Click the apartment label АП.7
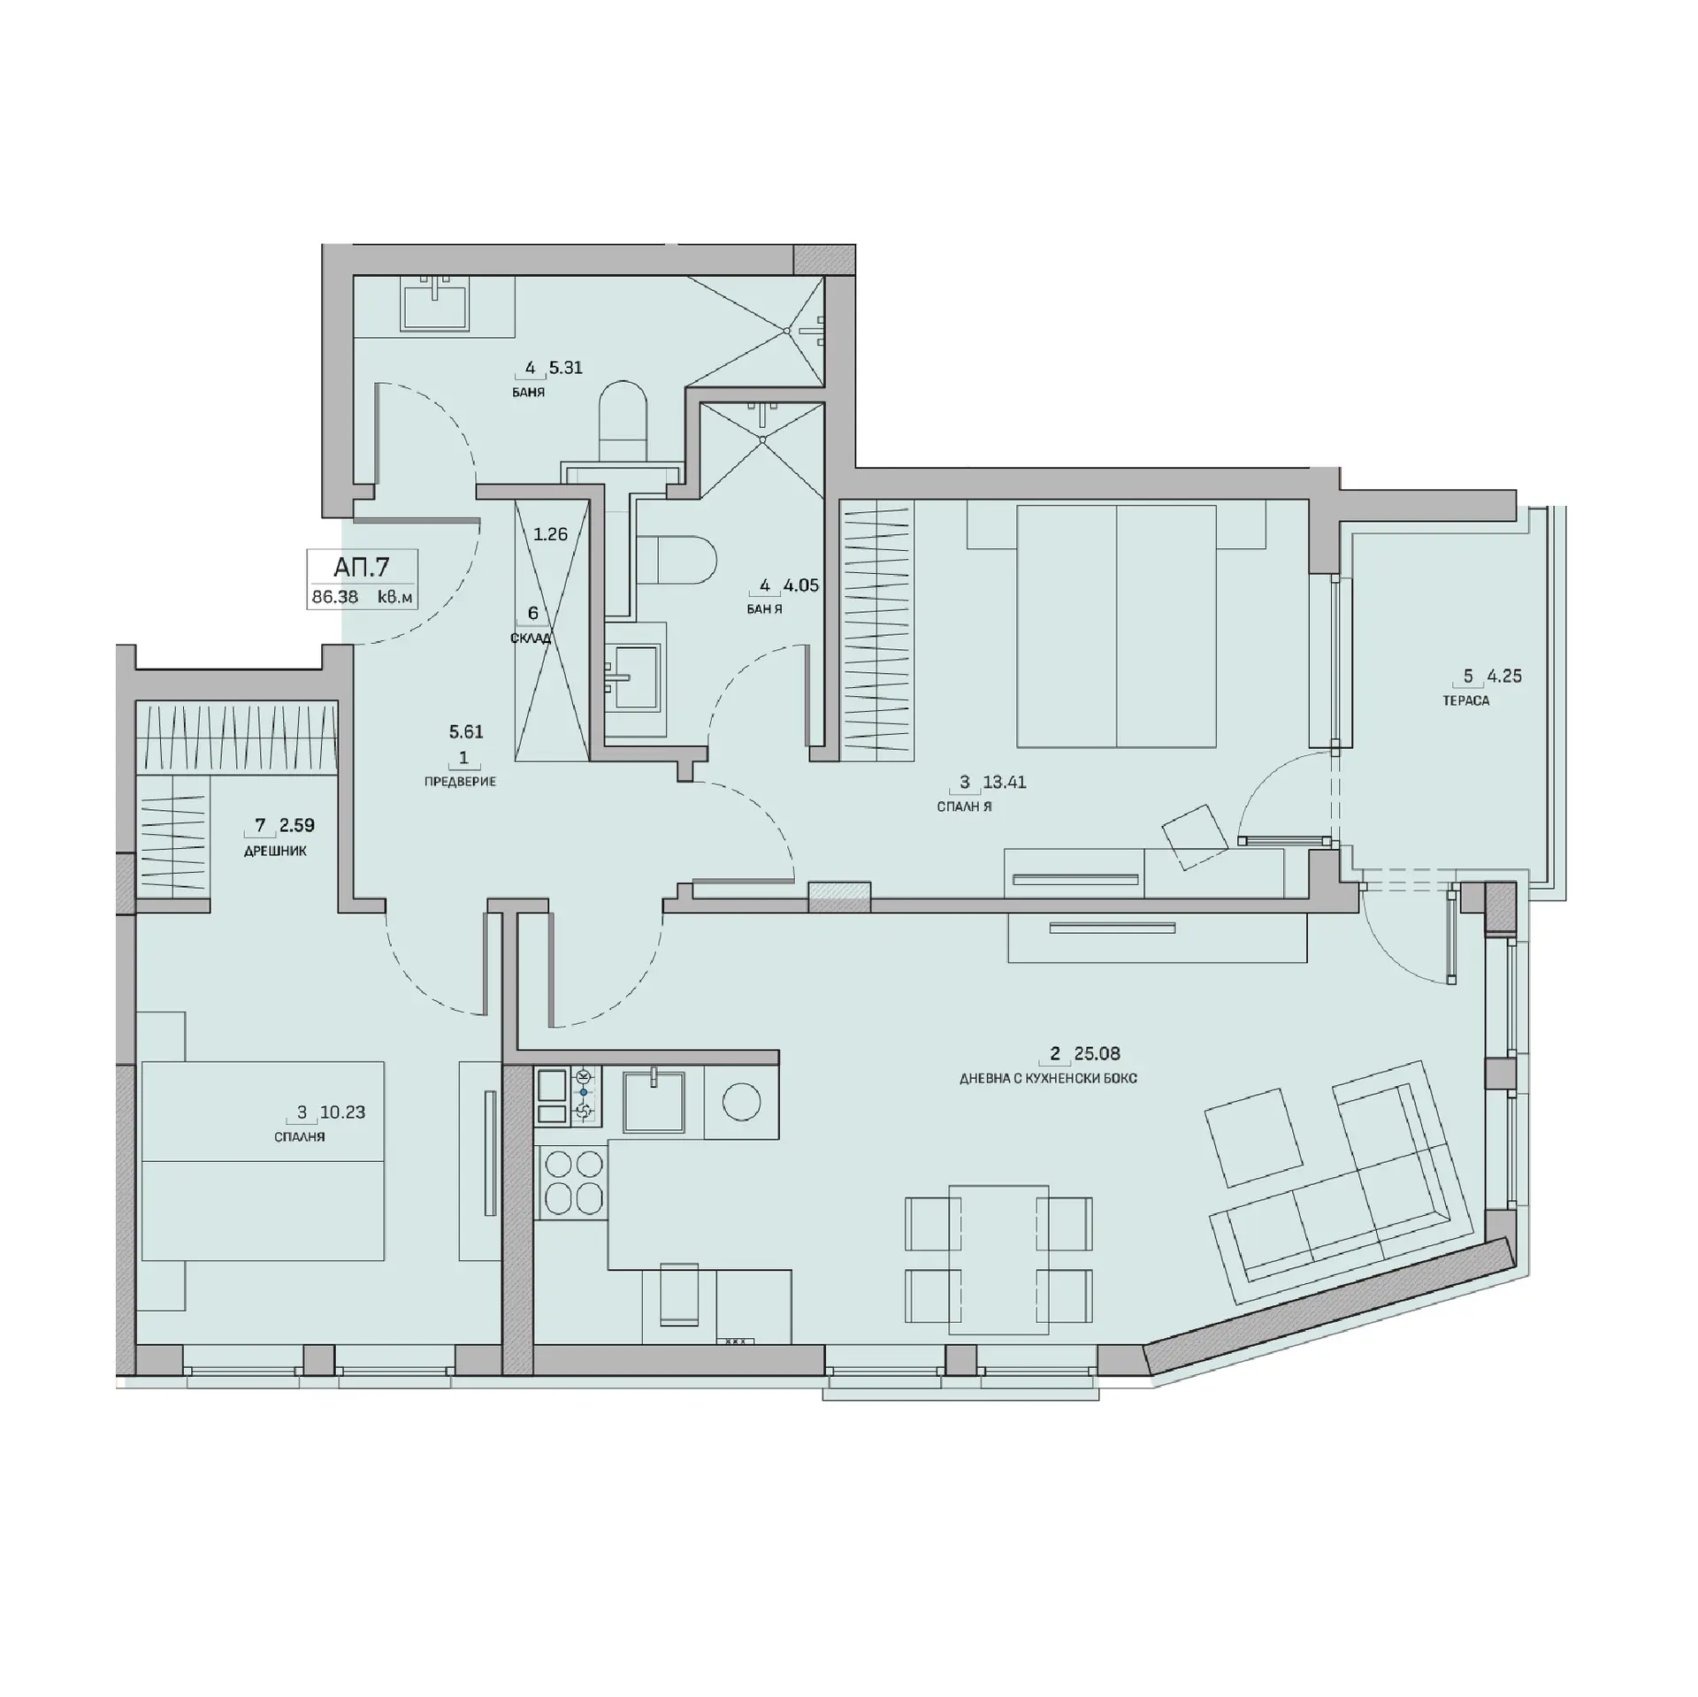point(362,566)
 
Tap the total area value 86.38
point(335,597)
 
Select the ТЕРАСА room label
point(1465,700)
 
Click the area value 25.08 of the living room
point(1097,1053)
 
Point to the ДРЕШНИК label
point(276,851)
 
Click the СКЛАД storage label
point(531,638)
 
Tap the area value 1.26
point(550,534)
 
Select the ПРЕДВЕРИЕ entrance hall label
point(460,782)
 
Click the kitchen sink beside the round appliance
point(654,1101)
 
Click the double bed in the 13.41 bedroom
point(1116,626)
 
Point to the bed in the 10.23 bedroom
point(263,1161)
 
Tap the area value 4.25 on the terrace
point(1503,676)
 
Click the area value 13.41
point(1005,782)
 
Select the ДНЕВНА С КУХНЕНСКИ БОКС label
point(1048,1079)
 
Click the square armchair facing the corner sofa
point(1253,1138)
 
